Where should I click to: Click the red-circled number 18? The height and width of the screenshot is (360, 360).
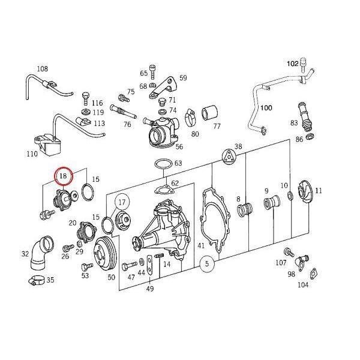(63, 176)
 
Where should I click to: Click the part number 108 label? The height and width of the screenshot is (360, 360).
(43, 68)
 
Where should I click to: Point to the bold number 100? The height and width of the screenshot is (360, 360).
(266, 109)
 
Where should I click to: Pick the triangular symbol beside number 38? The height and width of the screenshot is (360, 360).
(227, 157)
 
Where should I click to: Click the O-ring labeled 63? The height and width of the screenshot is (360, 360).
(163, 164)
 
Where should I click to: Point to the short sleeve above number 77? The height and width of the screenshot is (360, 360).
(209, 112)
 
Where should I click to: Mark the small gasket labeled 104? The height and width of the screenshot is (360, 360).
(313, 275)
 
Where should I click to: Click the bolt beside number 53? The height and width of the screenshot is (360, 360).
(84, 263)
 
